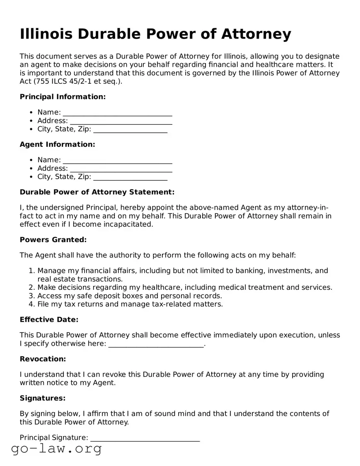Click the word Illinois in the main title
(46, 34)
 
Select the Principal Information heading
(63, 97)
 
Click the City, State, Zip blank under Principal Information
(130, 130)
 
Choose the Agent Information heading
(57, 144)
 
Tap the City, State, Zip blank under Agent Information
(130, 177)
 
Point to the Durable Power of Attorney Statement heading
(97, 192)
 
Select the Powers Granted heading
(53, 240)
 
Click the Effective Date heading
(49, 319)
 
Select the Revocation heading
(43, 359)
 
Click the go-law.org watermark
(56, 449)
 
